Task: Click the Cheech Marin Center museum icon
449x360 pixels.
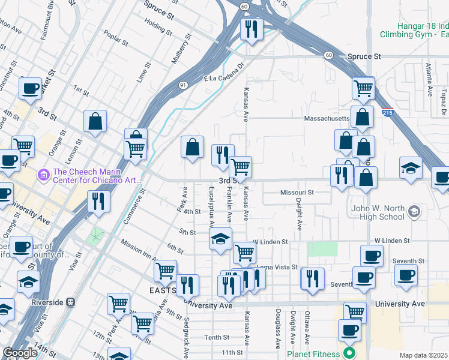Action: (43, 175)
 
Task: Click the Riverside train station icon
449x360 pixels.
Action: (71, 302)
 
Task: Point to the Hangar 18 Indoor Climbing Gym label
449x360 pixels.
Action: (414, 30)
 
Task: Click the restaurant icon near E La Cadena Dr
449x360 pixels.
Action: (250, 29)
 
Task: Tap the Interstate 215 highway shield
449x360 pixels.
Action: (388, 112)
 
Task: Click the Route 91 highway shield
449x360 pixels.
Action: (182, 85)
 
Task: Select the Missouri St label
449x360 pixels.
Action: (297, 193)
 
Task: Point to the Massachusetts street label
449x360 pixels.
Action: (327, 118)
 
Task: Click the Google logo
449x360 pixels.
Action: (20, 353)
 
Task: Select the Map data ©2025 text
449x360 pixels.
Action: (423, 355)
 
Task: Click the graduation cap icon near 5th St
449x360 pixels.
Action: (220, 238)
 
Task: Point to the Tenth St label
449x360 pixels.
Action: (213, 338)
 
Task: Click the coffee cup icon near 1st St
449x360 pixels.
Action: (29, 89)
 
